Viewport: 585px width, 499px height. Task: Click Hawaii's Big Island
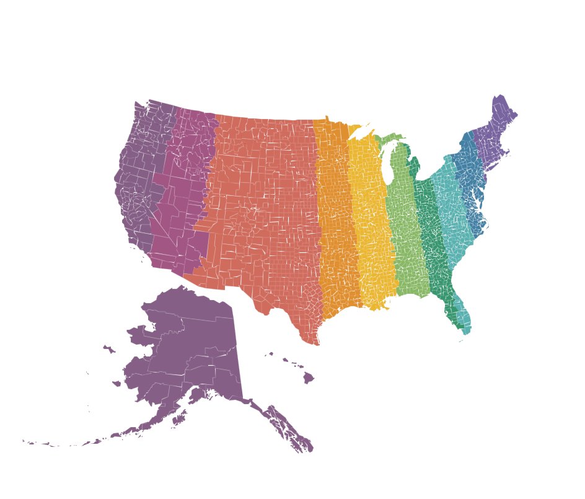coord(308,378)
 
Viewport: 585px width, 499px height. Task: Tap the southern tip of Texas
coord(316,343)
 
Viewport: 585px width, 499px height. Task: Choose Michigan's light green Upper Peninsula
coord(387,138)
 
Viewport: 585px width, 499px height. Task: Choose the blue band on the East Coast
coord(470,186)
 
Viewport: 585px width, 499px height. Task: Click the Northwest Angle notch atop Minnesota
coord(327,117)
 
